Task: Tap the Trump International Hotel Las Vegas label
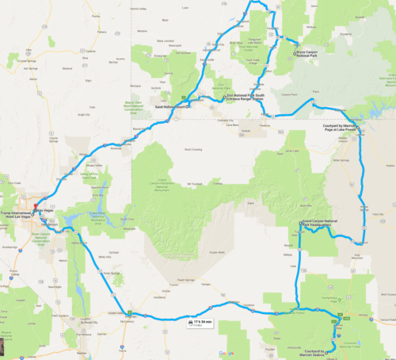click(x=19, y=209)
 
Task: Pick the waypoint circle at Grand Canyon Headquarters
click(x=300, y=224)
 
